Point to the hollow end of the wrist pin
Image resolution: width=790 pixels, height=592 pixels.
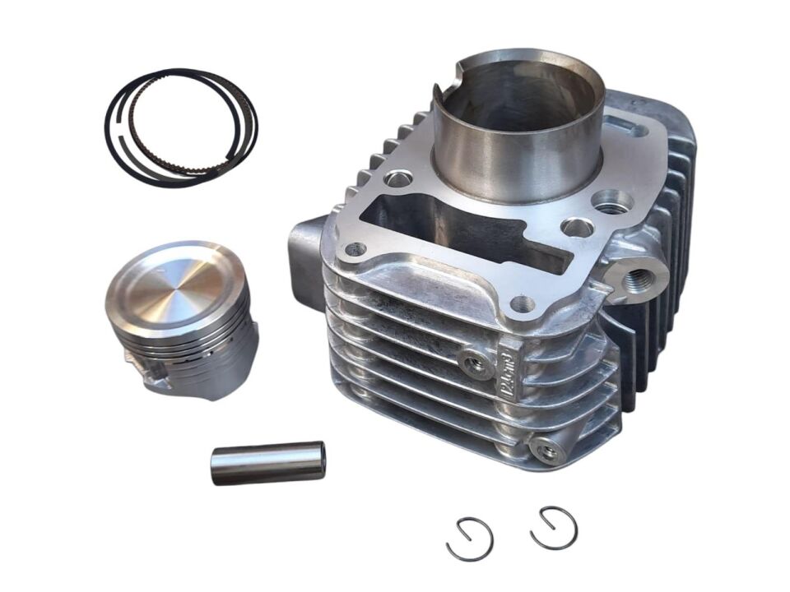320,459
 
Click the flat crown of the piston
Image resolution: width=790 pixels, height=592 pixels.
177,280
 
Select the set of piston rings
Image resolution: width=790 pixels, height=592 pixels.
181,127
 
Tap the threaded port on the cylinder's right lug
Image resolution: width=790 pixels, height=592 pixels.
634,279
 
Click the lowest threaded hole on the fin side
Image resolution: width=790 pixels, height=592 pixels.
544,449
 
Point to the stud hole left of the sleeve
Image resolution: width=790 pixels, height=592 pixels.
398,178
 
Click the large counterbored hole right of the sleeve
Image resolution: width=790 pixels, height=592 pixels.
613,201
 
